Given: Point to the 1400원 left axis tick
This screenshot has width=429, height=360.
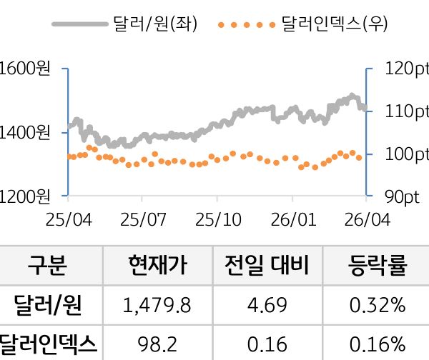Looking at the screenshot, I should click(25, 132).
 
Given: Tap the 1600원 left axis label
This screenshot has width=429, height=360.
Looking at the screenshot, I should click(25, 69).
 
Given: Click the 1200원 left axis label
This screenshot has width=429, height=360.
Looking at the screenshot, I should click(25, 195).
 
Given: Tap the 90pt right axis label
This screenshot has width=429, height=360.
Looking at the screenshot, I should click(400, 195).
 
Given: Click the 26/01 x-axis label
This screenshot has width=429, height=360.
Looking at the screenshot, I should click(294, 218).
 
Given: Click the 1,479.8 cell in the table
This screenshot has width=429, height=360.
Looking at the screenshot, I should click(157, 306).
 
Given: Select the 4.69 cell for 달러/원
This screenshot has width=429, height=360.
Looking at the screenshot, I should click(267, 306).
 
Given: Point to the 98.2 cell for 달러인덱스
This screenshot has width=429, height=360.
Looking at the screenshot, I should click(157, 344).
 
